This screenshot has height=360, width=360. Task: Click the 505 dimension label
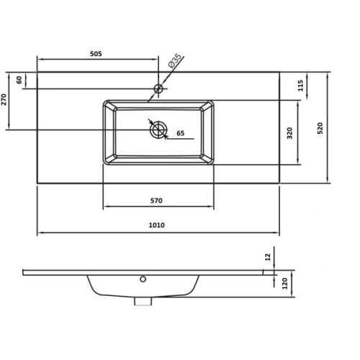96,54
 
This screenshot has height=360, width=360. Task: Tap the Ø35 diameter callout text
175,61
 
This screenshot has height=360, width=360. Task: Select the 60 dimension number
19,80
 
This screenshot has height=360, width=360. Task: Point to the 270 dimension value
4,99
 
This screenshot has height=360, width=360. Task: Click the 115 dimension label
300,86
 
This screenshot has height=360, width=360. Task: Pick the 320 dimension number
289,133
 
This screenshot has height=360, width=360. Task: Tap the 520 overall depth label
320,128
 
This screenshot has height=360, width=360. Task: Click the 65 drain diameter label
181,133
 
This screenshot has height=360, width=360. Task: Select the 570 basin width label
156,201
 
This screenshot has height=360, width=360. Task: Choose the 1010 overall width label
157,225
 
